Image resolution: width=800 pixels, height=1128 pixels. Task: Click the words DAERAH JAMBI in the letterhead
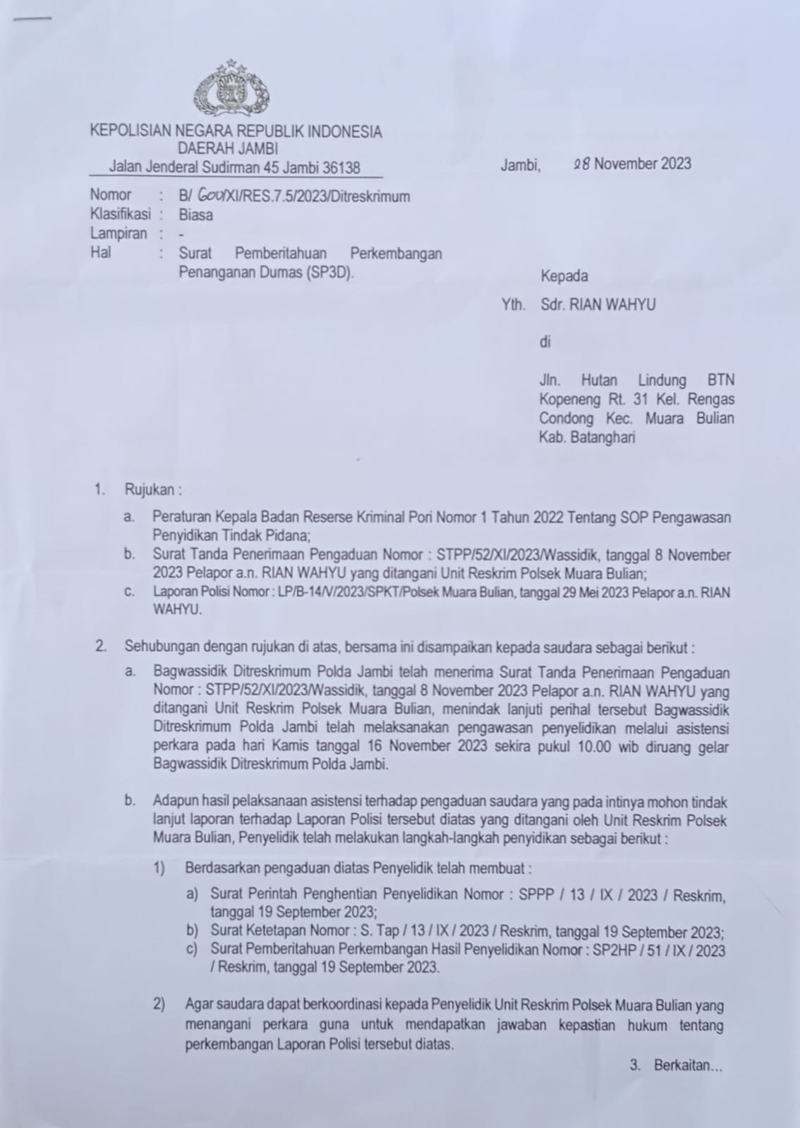click(x=228, y=149)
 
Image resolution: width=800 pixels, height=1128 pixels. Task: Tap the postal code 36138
click(x=341, y=168)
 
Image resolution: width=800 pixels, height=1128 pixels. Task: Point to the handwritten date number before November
click(x=582, y=164)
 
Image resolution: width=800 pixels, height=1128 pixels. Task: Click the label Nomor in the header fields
click(x=111, y=195)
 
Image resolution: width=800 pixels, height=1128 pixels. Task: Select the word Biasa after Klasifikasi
click(x=195, y=215)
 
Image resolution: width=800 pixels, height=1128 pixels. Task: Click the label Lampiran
click(x=119, y=233)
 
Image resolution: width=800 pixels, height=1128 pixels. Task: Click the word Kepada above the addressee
click(x=564, y=276)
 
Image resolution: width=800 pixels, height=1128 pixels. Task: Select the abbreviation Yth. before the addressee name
click(x=514, y=305)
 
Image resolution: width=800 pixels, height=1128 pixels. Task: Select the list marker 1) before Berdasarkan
click(x=159, y=868)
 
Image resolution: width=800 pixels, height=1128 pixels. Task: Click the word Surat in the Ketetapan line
click(x=227, y=931)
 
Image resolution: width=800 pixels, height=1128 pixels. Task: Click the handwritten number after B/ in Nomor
click(x=209, y=197)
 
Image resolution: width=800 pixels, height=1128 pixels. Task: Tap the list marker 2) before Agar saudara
click(x=159, y=1005)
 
